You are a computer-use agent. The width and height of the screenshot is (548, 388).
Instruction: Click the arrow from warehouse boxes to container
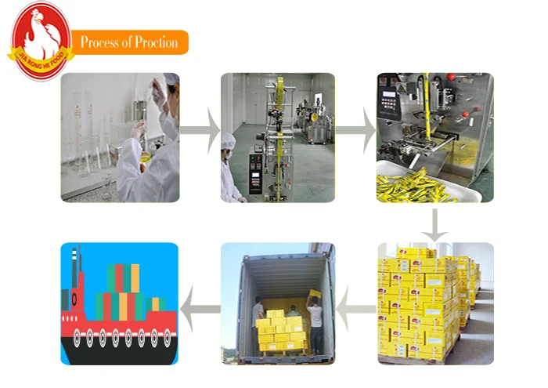point(356,306)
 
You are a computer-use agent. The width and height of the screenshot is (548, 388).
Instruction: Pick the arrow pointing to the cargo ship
point(200,306)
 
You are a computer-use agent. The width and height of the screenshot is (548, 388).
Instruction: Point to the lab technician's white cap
point(171,79)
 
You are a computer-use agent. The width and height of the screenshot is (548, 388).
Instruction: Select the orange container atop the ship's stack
point(135,276)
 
